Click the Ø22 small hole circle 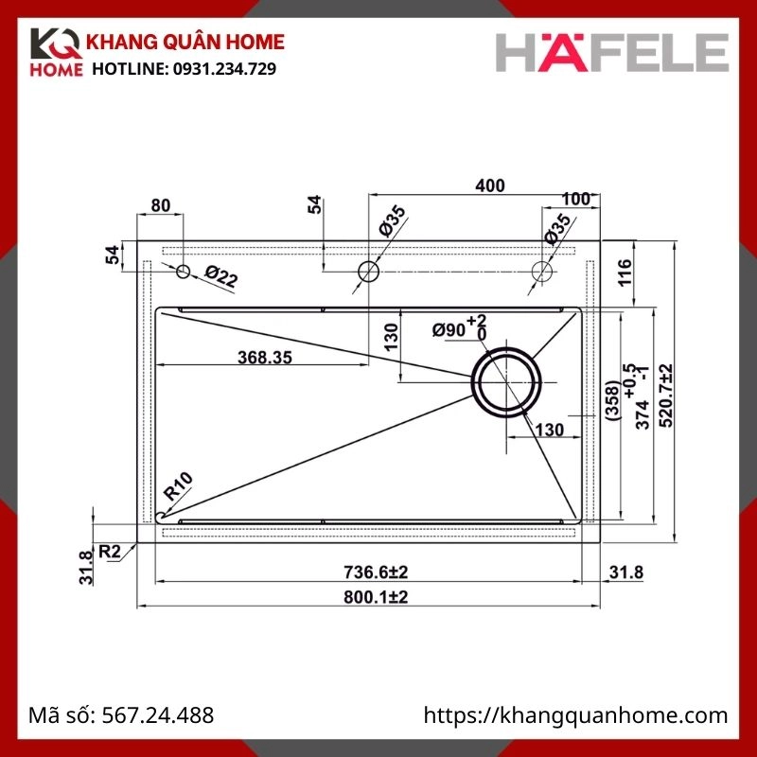[184, 273]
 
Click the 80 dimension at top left [160, 204]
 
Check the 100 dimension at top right [574, 199]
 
